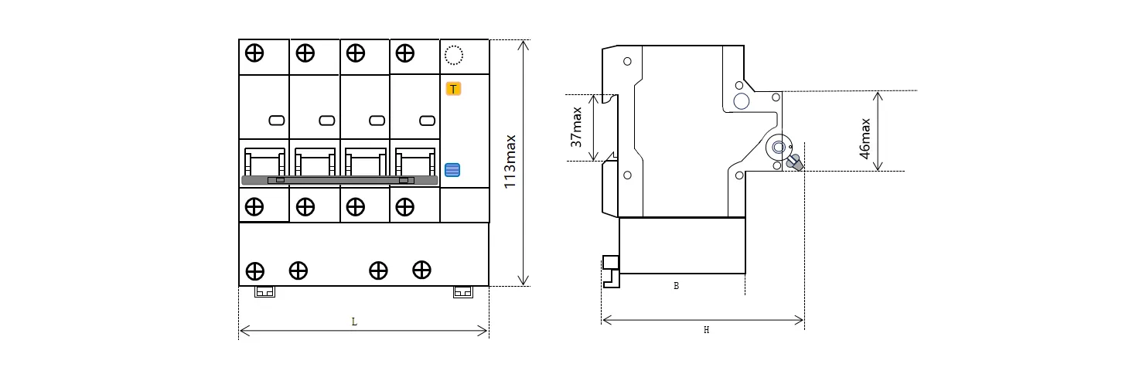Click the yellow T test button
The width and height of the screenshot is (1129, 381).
453,89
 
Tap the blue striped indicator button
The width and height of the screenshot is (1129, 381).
452,170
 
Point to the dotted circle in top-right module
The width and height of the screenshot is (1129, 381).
454,56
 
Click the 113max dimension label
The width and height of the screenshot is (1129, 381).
510,162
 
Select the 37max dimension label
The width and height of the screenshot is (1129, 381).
576,127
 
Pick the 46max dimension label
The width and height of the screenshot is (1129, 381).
865,138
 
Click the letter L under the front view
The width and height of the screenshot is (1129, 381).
354,321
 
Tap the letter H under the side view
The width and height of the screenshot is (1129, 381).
706,329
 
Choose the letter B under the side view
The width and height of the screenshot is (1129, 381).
677,286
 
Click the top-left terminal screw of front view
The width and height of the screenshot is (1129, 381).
254,53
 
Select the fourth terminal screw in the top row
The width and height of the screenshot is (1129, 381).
404,53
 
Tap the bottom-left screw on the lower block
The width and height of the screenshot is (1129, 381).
254,271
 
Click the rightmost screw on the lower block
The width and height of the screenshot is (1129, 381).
421,270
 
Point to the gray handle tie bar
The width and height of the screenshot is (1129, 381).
339,180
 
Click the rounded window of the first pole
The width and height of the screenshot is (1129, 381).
277,121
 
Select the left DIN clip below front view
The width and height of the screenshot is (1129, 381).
264,292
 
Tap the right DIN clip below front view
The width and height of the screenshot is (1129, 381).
462,292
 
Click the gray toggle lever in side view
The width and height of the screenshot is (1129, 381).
795,163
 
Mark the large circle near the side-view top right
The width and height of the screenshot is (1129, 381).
742,101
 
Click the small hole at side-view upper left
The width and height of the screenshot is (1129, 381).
627,62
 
